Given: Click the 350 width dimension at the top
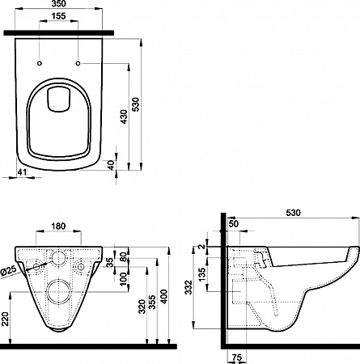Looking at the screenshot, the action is click(x=58, y=4).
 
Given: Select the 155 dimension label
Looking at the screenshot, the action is click(x=58, y=16).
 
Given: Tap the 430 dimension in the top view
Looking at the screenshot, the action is click(x=124, y=116).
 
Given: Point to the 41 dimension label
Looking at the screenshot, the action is click(x=23, y=172).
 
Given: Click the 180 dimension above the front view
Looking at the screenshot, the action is click(x=58, y=226).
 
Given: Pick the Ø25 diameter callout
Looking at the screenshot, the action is click(x=9, y=271).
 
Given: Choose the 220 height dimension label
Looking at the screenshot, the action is click(x=6, y=318).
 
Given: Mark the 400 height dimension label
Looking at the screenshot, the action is click(x=163, y=297).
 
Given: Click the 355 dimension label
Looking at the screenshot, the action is click(x=152, y=303).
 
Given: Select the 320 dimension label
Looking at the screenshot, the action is click(x=142, y=307).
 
